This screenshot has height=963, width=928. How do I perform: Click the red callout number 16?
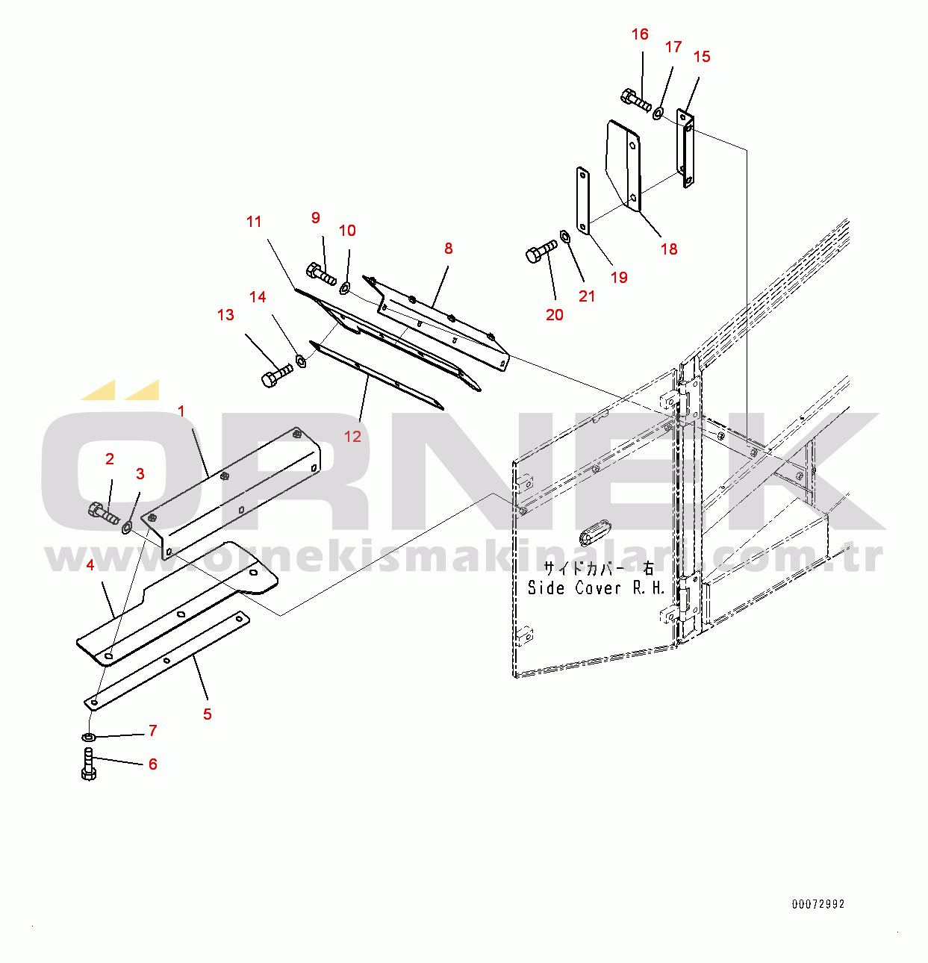640,34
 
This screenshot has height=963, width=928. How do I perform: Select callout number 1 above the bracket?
181,411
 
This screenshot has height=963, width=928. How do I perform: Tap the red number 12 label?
352,437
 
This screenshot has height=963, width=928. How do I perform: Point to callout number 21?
587,296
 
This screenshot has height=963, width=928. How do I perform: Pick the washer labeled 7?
88,738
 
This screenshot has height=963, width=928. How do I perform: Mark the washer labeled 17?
658,113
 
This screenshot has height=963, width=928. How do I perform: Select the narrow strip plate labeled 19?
582,200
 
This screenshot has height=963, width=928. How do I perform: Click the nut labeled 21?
565,237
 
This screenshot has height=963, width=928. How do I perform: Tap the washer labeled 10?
345,287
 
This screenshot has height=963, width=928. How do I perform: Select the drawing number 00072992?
818,904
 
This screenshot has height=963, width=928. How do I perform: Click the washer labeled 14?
301,361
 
